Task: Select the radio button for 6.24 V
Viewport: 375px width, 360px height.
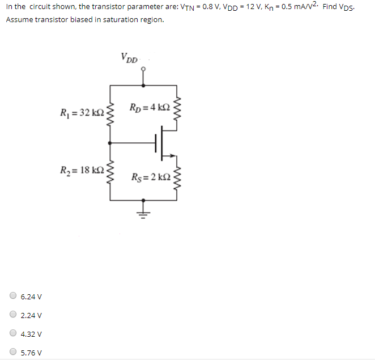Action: [13, 296]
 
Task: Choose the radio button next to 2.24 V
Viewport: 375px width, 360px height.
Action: [13, 315]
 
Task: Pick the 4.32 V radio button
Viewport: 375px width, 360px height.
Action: [13, 333]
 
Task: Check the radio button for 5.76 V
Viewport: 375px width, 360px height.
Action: [13, 352]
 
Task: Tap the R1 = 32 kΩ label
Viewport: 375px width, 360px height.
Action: [82, 111]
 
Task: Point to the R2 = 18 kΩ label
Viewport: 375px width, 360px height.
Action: [82, 170]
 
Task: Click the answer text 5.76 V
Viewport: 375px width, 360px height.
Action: [31, 353]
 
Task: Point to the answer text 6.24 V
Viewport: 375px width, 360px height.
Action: [31, 297]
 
